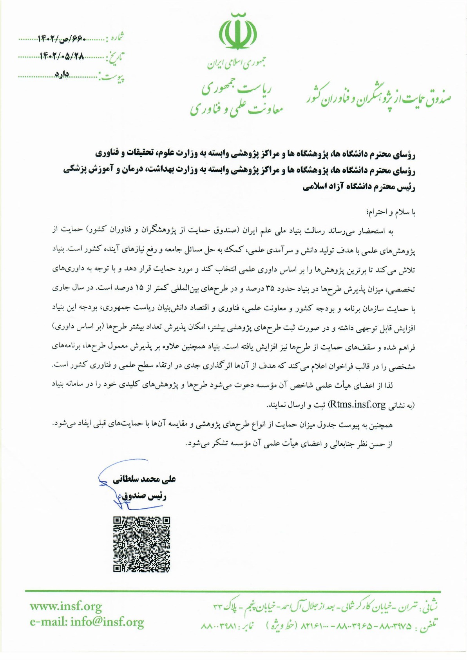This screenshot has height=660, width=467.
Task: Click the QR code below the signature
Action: click(x=142, y=544)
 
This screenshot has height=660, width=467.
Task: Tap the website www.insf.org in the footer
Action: click(x=66, y=606)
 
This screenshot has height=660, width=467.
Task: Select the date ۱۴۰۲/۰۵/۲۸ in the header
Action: click(x=62, y=57)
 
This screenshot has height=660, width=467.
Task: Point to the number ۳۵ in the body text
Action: click(x=270, y=289)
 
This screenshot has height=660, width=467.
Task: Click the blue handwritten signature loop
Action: click(x=118, y=501)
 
